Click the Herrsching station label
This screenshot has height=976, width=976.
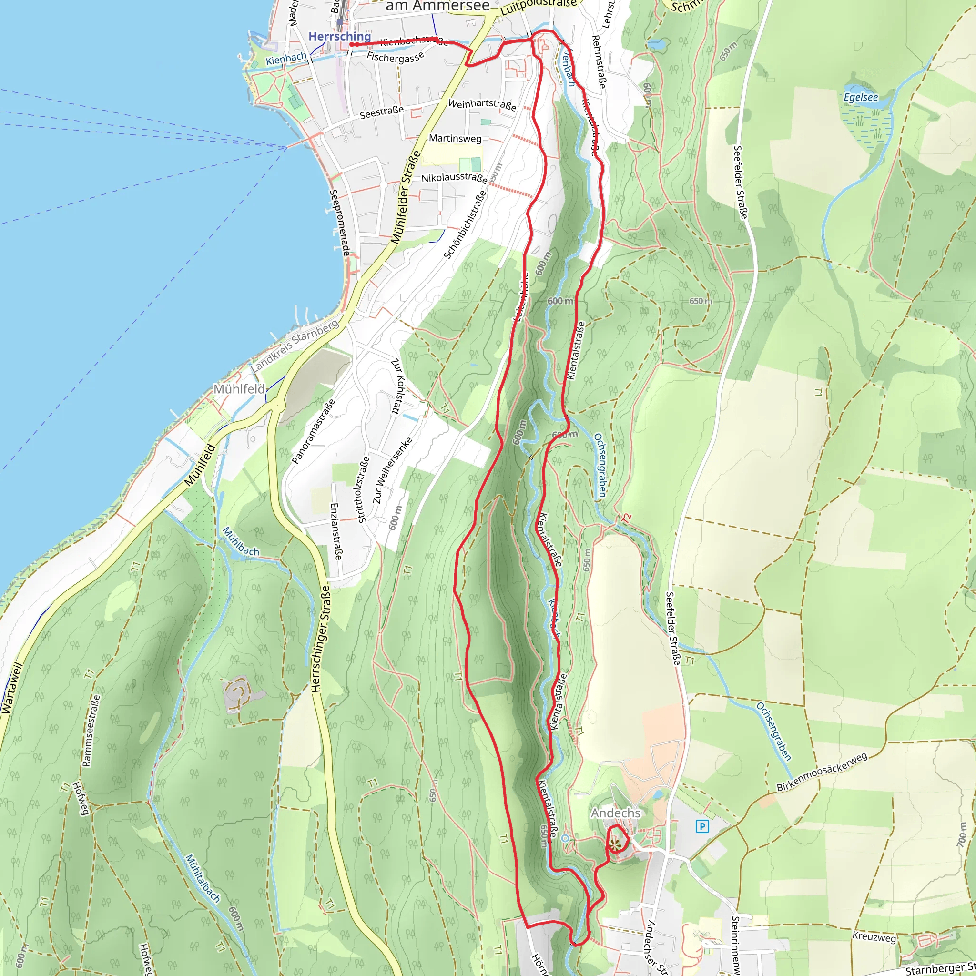(339, 36)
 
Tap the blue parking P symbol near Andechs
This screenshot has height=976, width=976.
(702, 827)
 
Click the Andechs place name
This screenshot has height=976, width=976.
(615, 813)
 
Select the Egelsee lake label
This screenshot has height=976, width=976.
(861, 97)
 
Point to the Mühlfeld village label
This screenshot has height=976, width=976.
(239, 389)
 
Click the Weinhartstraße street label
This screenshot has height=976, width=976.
(482, 104)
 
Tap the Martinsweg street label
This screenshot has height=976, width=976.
(455, 138)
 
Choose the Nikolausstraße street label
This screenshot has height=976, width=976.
(454, 178)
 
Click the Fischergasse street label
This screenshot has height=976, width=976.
(395, 57)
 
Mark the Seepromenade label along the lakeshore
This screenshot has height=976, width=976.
(339, 222)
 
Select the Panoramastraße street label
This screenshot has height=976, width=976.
(313, 431)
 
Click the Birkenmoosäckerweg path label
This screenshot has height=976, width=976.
(822, 772)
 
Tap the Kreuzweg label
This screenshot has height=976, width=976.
(874, 936)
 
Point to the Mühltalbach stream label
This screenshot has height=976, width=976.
(203, 878)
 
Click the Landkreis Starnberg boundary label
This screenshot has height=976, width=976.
(295, 346)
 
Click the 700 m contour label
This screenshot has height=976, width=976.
(961, 834)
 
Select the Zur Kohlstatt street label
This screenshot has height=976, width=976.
(398, 386)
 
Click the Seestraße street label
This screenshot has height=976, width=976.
(381, 112)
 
